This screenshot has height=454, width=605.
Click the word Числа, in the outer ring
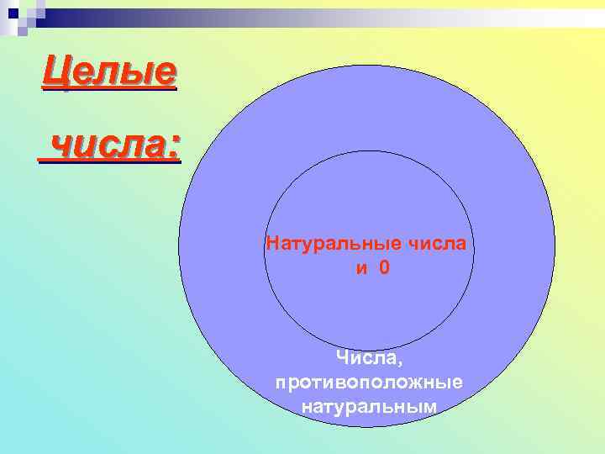(x=370, y=358)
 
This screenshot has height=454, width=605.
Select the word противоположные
(x=370, y=383)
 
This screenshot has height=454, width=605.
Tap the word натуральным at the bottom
(x=370, y=407)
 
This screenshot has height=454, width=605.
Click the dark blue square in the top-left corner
(x=12, y=12)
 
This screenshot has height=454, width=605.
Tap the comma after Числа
(x=401, y=362)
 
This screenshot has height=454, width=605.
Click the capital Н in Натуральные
(x=271, y=245)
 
